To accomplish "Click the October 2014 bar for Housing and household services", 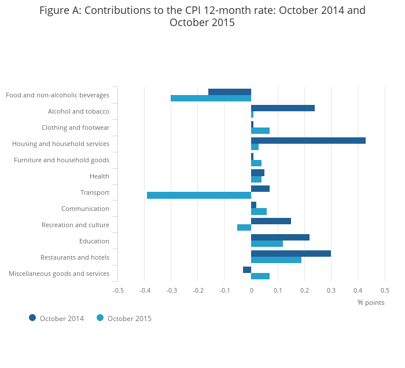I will (x=308, y=140).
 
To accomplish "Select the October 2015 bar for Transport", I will (x=199, y=195).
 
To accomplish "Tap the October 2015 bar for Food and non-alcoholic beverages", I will (x=211, y=98).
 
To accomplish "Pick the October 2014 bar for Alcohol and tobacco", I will (x=283, y=108).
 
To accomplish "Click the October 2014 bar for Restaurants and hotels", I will (x=291, y=253).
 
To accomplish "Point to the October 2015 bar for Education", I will (x=267, y=243).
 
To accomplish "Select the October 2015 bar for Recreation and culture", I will (x=244, y=227).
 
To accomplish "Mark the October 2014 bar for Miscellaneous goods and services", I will (x=247, y=269).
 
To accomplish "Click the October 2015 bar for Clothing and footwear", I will (x=260, y=130).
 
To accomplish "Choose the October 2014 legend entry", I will (x=57, y=318).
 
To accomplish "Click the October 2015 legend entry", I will (x=124, y=318).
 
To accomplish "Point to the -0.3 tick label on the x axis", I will (x=171, y=290).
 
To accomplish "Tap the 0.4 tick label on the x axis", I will (x=358, y=290).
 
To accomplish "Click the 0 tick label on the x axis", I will (x=251, y=290).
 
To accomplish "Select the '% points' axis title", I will (x=371, y=302).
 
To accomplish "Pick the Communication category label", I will (x=85, y=209).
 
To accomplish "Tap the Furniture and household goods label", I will (x=61, y=160).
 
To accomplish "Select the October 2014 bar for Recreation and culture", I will (x=271, y=221).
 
